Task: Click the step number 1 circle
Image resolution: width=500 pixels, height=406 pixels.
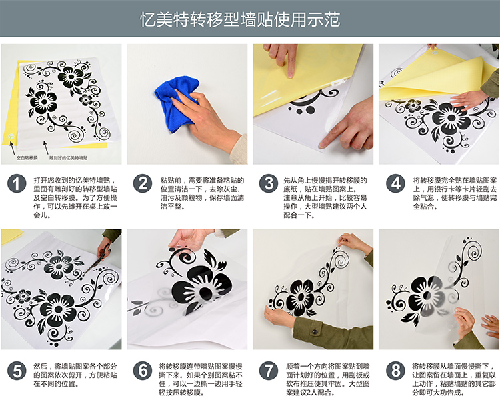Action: tap(17, 183)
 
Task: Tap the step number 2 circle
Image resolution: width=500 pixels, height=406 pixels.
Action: tap(143, 183)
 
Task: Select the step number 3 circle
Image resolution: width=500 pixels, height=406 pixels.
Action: tap(269, 183)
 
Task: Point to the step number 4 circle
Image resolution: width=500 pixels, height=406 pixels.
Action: tap(395, 183)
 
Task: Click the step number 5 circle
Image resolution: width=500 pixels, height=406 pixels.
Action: tap(17, 371)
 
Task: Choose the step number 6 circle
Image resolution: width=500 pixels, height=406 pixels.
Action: tap(143, 371)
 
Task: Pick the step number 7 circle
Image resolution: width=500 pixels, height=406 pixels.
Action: tap(269, 371)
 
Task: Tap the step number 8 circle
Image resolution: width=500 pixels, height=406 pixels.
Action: tap(395, 371)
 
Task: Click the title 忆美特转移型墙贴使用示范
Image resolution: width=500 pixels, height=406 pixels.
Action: tap(240, 19)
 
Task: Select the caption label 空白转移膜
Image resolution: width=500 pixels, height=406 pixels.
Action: tap(27, 158)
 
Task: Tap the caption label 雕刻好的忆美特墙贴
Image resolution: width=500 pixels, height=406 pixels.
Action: tap(68, 158)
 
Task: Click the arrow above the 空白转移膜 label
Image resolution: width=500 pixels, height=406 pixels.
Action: tap(12, 148)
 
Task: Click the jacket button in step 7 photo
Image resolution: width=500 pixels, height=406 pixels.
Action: tap(315, 332)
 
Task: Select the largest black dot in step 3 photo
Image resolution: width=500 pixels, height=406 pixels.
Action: tap(309, 110)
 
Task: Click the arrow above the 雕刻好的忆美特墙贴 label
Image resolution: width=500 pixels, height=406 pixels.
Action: tap(46, 148)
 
